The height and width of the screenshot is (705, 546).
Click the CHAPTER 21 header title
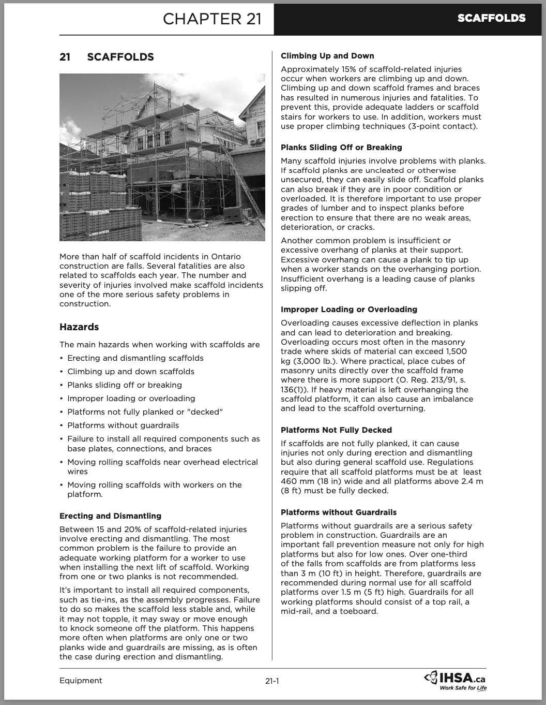coord(212,19)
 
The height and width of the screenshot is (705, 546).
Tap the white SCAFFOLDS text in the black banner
coord(491,18)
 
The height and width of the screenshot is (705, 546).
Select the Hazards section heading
coord(79,327)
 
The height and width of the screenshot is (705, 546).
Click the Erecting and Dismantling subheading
coord(110,516)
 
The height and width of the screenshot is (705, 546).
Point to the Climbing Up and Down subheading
coord(327,56)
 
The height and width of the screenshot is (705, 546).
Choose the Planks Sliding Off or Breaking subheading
coord(341,148)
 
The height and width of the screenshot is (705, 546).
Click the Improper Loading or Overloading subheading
coord(349,310)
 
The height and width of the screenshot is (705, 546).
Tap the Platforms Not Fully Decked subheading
coord(336,430)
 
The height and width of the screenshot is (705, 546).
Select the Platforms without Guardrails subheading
coord(339,512)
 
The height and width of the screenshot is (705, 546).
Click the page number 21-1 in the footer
coord(272,681)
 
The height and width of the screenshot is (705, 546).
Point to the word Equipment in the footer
coord(81,681)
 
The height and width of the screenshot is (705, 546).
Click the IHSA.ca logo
coord(456,678)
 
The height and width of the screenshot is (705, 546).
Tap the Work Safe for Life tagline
coord(463,688)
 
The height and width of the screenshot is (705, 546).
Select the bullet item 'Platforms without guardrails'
coord(123,425)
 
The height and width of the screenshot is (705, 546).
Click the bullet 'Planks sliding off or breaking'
coord(125,385)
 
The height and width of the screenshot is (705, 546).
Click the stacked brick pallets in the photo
coord(98,207)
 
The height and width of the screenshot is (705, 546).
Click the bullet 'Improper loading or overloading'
coord(131,399)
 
